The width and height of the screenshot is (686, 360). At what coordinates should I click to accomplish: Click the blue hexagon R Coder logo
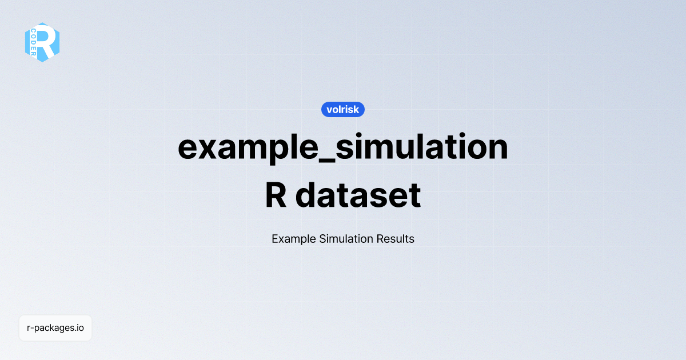click(x=42, y=42)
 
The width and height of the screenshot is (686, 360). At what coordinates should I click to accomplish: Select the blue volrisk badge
click(x=343, y=109)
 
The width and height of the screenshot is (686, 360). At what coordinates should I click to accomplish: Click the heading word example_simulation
click(x=343, y=147)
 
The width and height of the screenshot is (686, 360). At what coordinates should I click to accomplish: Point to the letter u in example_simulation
click(x=405, y=149)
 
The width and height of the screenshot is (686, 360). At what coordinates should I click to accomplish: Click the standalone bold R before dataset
click(x=277, y=195)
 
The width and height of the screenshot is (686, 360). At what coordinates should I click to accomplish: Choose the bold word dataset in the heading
click(x=358, y=195)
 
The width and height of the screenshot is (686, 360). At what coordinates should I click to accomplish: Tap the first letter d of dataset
click(x=308, y=195)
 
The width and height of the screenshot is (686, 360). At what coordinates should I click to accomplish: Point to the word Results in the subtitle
click(x=395, y=239)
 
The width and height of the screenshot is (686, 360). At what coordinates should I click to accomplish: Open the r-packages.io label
click(x=55, y=328)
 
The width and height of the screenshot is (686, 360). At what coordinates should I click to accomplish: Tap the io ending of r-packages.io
click(x=81, y=328)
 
